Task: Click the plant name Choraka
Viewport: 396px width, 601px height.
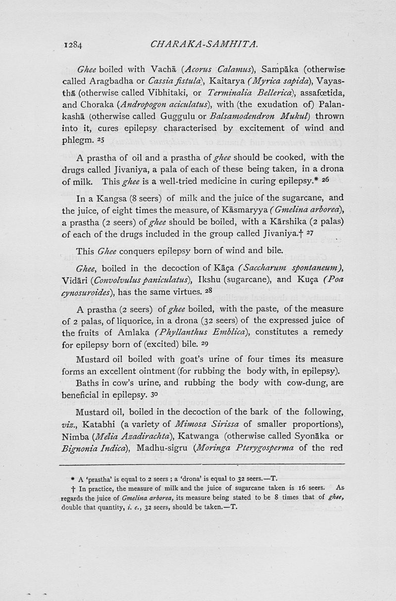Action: coord(93,105)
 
